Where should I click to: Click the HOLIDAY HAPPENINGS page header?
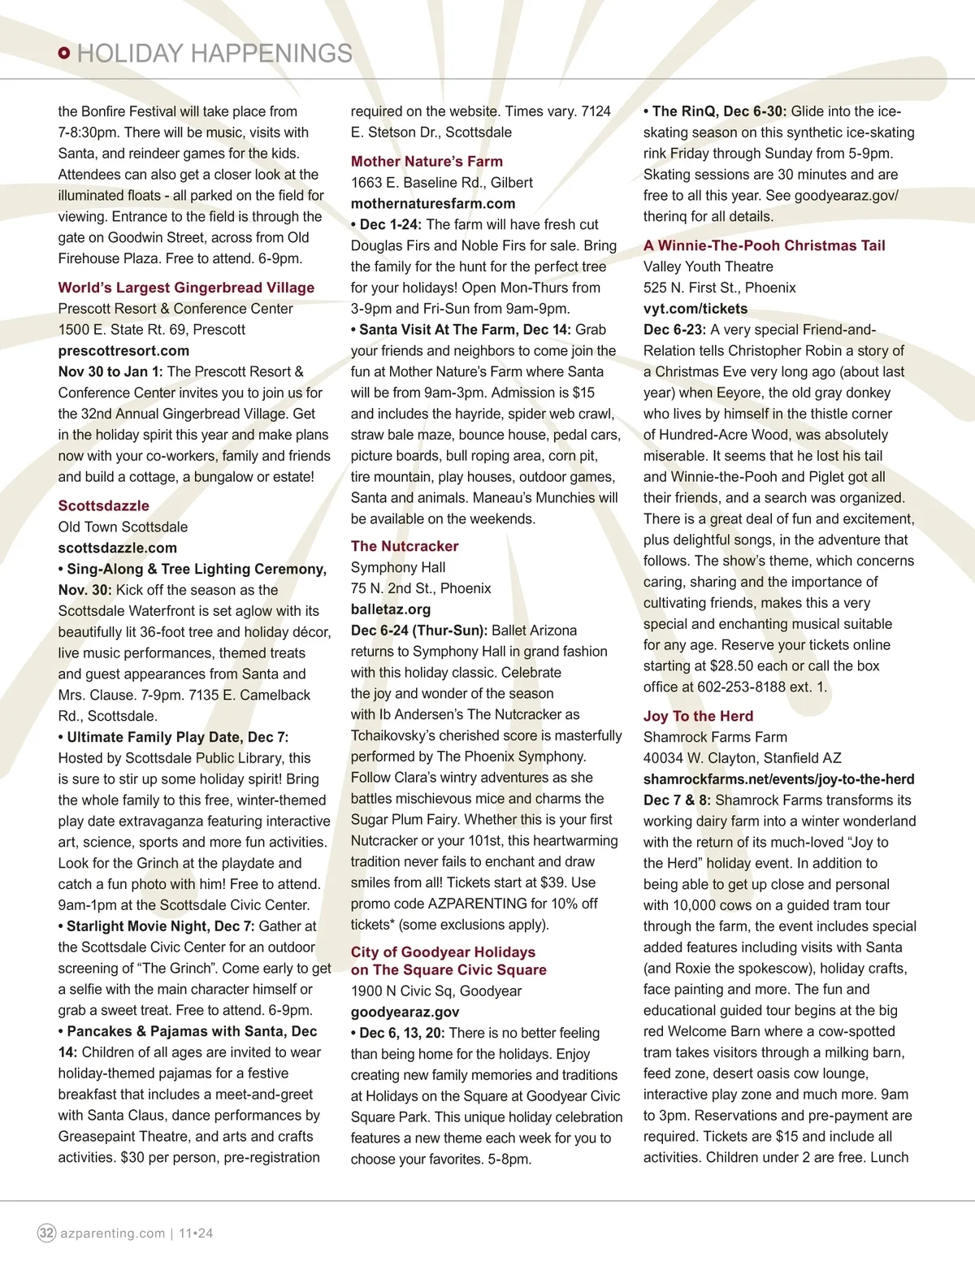tap(214, 54)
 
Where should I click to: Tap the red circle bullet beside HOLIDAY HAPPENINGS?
tap(64, 54)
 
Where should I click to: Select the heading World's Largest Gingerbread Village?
tap(186, 288)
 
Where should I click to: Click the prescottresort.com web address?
tap(123, 351)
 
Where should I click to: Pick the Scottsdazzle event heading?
tap(103, 505)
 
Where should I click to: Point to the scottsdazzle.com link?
tap(117, 548)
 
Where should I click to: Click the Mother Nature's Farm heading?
tap(427, 162)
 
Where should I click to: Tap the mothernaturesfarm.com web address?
tap(433, 204)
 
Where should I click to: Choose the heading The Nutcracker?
tap(405, 546)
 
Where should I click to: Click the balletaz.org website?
tap(391, 609)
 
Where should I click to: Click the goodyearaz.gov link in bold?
tap(405, 1012)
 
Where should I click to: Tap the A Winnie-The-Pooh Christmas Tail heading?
tap(764, 245)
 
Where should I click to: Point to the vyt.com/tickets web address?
tap(695, 309)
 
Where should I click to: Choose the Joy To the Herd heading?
tap(698, 716)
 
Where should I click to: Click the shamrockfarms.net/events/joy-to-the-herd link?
tap(778, 779)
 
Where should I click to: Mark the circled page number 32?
tap(47, 1233)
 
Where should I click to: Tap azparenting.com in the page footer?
tap(112, 1233)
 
